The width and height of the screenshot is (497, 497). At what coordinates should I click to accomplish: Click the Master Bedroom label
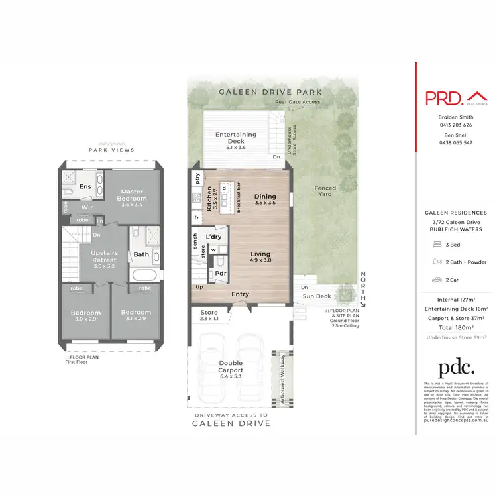[x=133, y=195]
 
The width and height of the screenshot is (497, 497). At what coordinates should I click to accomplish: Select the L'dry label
[x=213, y=237]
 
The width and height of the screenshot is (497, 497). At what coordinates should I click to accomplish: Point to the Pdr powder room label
[x=220, y=272]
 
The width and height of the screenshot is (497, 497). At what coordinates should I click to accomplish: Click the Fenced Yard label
[x=325, y=192]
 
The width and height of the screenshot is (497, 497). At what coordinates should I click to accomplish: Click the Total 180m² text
[x=455, y=327]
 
